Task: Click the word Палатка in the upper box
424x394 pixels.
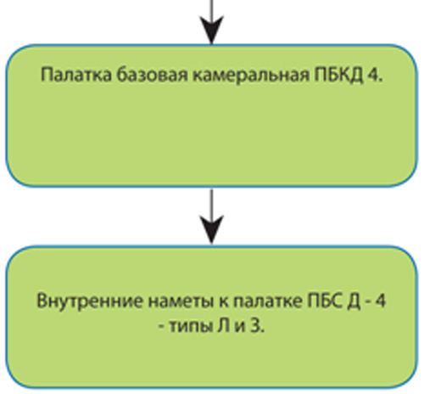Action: pos(76,76)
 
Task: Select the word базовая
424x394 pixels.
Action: pos(152,76)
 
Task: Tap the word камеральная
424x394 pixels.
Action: pos(251,76)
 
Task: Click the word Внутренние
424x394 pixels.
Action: pos(90,301)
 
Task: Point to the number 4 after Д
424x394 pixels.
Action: pos(379,301)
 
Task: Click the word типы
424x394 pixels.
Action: pos(189,327)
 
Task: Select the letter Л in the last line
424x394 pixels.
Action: pos(223,327)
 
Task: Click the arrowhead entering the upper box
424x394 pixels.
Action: pos(212,30)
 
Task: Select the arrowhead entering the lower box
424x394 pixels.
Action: pos(212,229)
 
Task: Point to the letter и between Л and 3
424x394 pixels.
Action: pos(239,328)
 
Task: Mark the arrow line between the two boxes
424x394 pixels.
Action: pos(212,217)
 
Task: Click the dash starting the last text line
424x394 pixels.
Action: pos(162,329)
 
